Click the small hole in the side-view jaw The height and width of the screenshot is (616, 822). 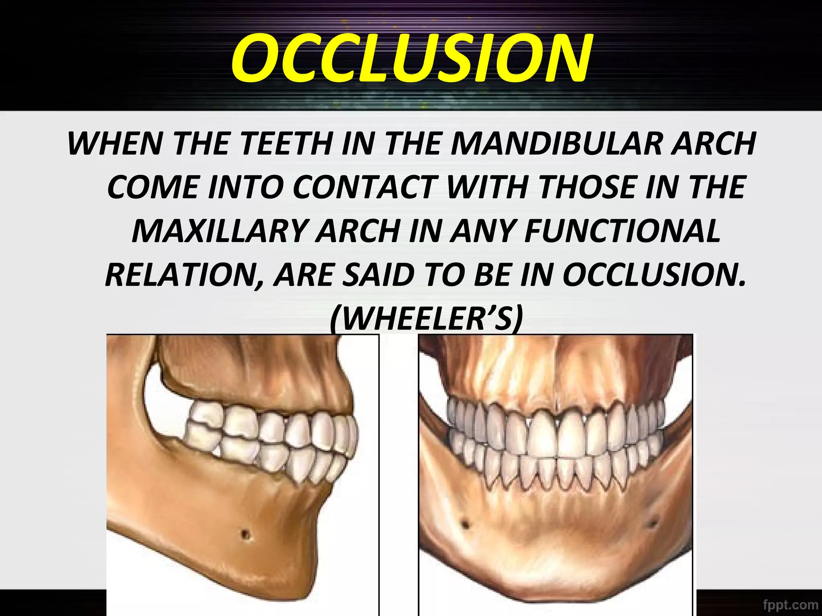click(x=245, y=535)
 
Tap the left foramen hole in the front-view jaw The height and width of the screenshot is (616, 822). click(x=465, y=524)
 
